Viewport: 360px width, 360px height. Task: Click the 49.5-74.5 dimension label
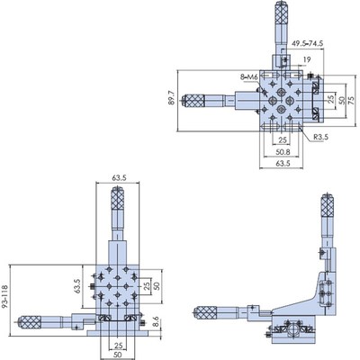[x=315, y=43]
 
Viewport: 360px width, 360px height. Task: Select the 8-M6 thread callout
[x=251, y=78]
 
